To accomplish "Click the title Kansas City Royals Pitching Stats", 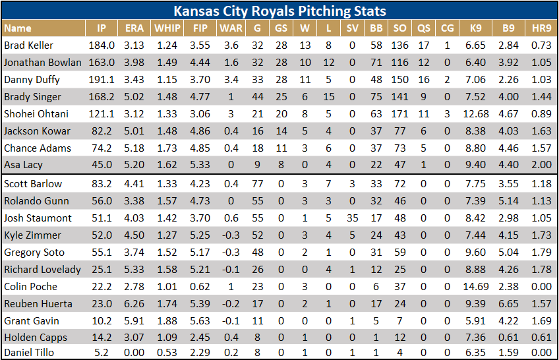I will click(279, 11).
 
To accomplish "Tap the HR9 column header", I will click(541, 28).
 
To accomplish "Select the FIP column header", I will click(199, 28).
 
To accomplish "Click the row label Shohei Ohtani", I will click(32, 114).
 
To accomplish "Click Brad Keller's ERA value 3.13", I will click(134, 45).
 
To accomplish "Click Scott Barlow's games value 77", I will click(257, 183).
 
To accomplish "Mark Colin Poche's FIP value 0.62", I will click(199, 286).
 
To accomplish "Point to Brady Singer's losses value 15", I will click(328, 97).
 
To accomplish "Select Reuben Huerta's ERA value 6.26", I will click(134, 303).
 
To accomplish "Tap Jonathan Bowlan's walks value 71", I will click(376, 63).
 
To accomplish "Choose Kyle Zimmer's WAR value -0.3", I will click(231, 235).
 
